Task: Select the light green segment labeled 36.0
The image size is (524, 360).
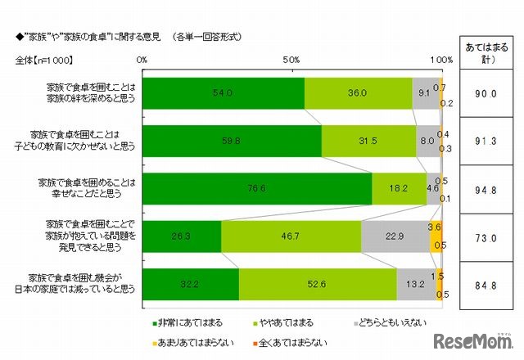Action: pos(359,93)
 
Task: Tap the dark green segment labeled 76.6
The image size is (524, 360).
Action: pos(257,188)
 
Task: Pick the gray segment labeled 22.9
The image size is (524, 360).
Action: pos(394,236)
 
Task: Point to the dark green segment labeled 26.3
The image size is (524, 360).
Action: pos(182,236)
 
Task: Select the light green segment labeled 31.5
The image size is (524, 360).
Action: pos(368,141)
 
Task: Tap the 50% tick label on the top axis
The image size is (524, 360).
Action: pos(292,60)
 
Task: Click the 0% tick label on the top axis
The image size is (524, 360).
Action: pos(142,60)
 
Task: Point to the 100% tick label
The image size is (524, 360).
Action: pos(440,60)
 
